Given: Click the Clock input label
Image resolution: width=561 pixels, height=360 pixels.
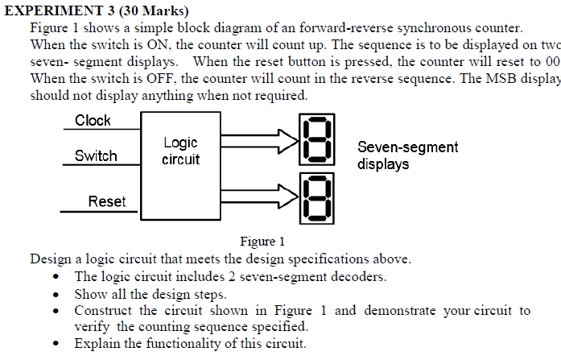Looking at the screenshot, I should click(93, 121).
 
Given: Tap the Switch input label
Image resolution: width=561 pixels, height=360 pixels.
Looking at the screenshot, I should click(96, 155).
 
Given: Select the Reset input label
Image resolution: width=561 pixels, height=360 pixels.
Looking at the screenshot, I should click(106, 201).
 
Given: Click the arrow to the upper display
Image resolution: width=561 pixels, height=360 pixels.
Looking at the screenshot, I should click(258, 142).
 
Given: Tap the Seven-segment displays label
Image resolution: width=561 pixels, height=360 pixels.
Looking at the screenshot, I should click(407, 155).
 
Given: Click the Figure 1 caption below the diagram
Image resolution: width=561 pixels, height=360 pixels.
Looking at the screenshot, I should click(262, 241).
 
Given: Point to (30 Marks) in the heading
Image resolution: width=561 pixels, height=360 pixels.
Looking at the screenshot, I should click(159, 10).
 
